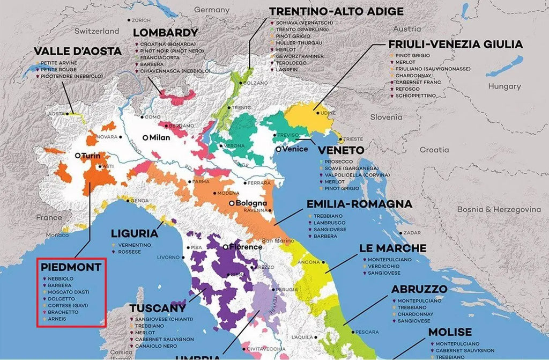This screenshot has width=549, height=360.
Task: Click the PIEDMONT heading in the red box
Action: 71,267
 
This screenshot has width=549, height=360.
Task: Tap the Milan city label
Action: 159,137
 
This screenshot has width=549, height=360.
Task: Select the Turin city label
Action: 91,155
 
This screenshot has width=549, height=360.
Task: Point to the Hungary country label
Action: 504,86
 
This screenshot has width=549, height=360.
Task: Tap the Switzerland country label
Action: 96,31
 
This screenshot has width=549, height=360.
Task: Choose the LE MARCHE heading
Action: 393,248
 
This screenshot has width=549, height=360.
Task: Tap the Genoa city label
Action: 139,201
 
